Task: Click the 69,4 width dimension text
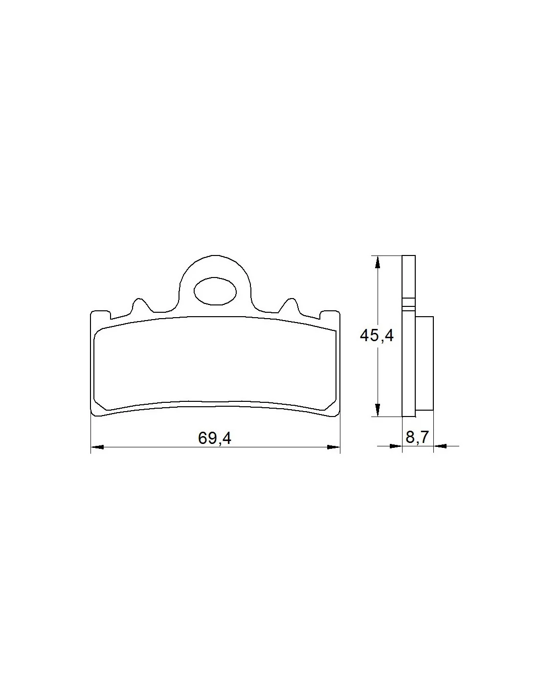click(214, 438)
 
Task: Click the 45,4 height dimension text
click(377, 336)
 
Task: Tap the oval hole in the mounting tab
click(215, 291)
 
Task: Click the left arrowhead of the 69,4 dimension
click(97, 447)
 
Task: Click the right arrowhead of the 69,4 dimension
click(333, 447)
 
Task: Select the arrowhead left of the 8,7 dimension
click(396, 445)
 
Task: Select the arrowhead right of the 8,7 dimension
click(440, 445)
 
